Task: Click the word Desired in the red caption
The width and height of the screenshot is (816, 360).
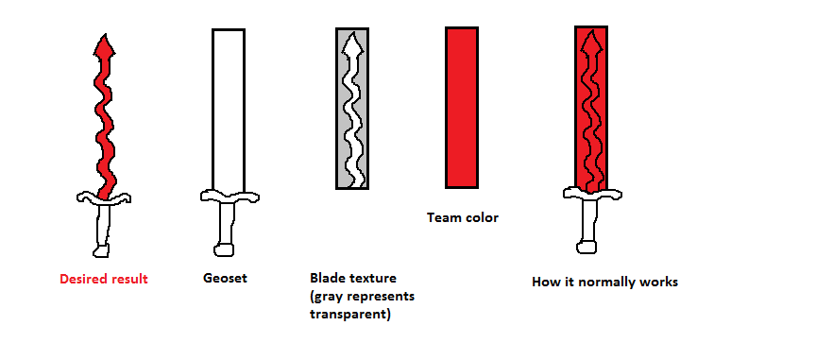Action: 83,279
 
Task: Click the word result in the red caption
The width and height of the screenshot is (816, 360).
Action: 128,279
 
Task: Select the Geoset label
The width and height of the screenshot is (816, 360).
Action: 225,278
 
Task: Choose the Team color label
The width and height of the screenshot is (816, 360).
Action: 463,217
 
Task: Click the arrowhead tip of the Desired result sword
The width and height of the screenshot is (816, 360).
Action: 105,35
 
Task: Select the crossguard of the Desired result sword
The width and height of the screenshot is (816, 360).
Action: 104,197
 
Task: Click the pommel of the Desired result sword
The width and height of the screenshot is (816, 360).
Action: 101,251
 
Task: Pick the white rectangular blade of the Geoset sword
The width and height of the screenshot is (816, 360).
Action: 229,110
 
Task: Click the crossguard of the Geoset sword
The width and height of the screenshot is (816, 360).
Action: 229,197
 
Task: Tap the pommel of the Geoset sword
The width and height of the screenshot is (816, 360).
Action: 224,249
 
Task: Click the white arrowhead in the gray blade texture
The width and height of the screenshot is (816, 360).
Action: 353,44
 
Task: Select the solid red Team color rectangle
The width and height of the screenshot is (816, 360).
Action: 462,108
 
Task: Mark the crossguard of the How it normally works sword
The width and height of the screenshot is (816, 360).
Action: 592,194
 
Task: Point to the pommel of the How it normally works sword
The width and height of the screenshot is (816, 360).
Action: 586,247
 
